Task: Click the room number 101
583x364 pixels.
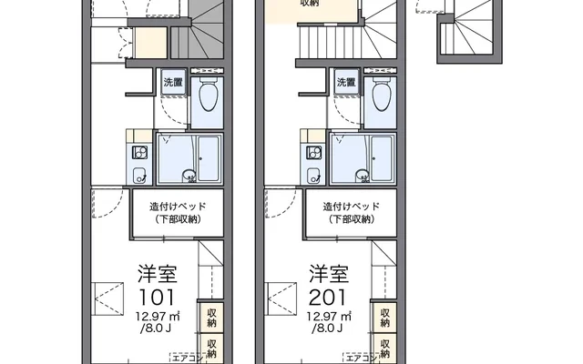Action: pos(156,297)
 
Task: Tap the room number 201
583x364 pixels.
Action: pos(328,297)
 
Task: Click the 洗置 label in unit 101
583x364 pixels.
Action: pos(173,82)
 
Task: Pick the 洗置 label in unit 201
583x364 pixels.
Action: pos(346,82)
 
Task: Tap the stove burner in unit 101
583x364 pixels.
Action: pos(139,153)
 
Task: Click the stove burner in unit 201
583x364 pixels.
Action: pos(313,153)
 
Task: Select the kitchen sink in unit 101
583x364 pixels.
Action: pos(139,175)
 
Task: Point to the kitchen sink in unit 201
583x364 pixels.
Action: pos(313,175)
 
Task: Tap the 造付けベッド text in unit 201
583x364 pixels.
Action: pos(351,206)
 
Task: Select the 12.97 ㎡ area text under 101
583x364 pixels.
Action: pos(158,317)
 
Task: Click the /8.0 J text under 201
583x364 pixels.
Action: pos(327,328)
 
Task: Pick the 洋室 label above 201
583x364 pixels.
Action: pos(329,274)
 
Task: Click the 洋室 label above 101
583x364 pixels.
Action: pos(158,274)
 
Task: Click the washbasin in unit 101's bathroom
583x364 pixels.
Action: pos(189,176)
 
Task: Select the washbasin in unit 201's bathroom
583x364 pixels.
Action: pos(363,176)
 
